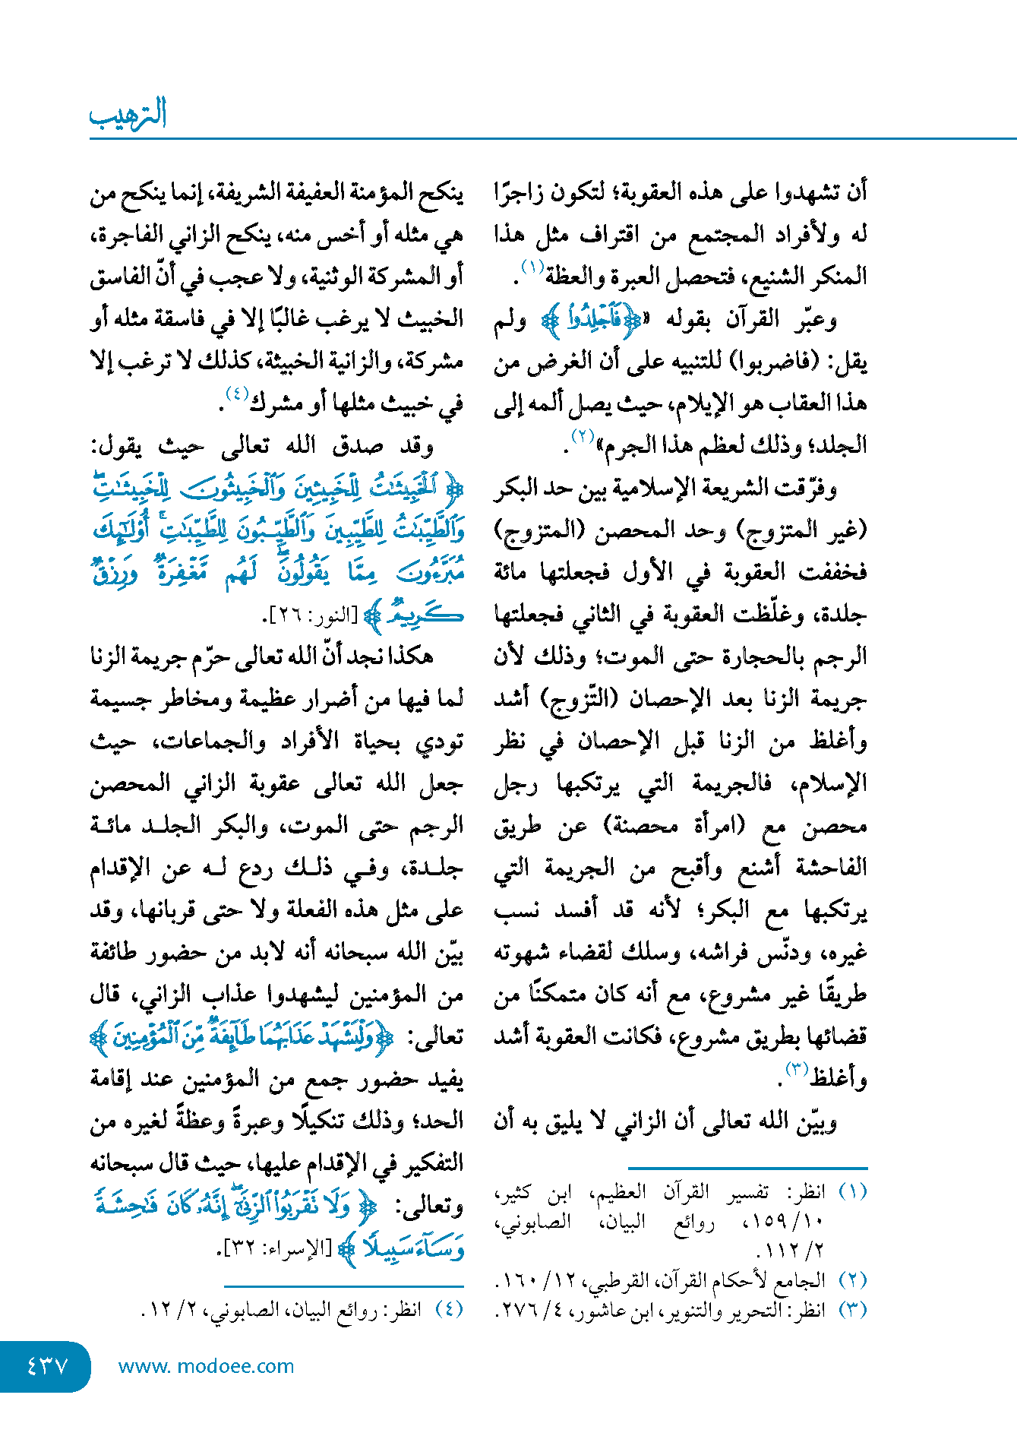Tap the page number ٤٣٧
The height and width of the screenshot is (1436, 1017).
(x=47, y=1366)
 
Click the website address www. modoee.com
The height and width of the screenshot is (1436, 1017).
(x=206, y=1366)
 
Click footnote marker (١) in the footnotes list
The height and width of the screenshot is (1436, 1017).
(x=851, y=1191)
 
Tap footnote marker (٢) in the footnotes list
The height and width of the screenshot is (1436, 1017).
(x=851, y=1280)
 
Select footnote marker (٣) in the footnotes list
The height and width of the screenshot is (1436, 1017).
(x=851, y=1310)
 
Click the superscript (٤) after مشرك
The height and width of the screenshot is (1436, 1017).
(x=237, y=394)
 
